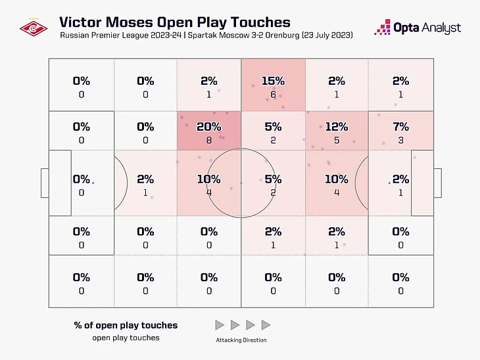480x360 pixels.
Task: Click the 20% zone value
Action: click(208, 127)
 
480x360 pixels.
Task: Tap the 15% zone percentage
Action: click(272, 81)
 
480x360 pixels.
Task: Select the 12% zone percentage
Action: click(336, 127)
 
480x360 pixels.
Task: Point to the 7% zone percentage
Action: click(400, 127)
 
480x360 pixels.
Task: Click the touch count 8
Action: click(208, 140)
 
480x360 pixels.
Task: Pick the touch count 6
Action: click(272, 94)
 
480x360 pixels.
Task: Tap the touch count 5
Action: click(336, 140)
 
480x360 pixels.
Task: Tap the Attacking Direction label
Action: click(241, 340)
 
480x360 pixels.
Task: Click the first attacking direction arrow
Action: click(219, 325)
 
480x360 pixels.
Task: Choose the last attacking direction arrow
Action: click(266, 325)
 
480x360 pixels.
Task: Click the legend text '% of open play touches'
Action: click(126, 325)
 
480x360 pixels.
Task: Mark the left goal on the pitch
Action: click(45, 183)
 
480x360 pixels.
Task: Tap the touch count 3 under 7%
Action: click(400, 140)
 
